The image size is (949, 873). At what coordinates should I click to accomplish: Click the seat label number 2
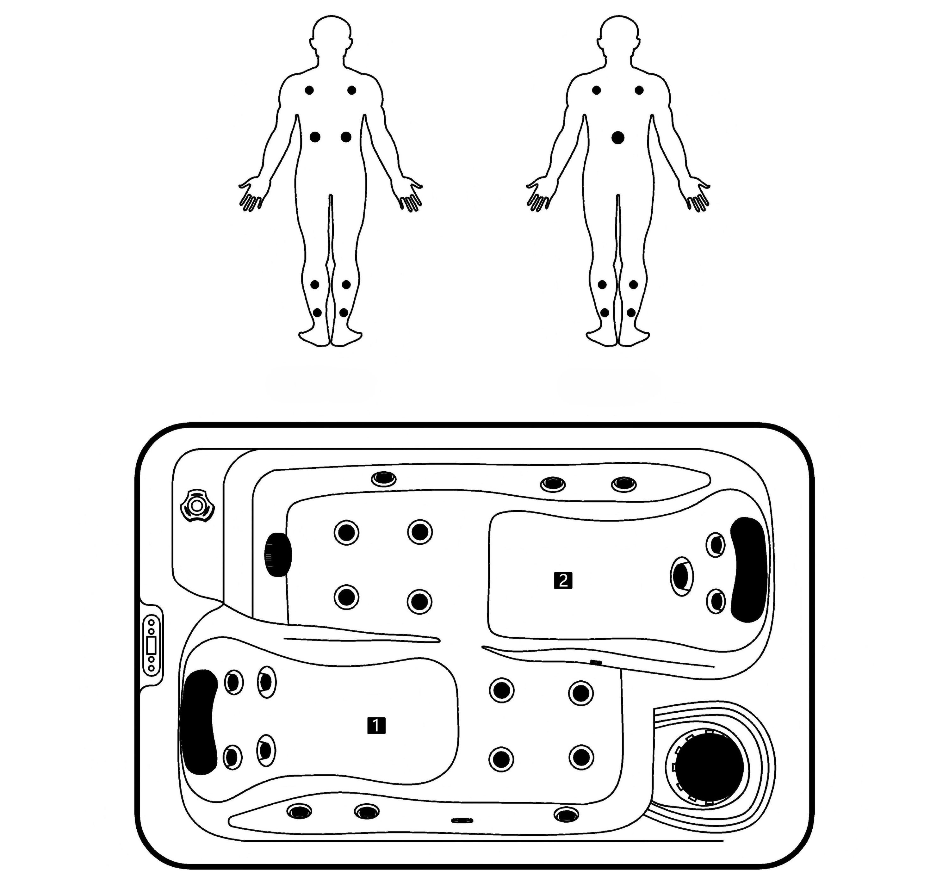pos(563,580)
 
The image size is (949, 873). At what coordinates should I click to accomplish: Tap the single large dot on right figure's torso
pos(618,138)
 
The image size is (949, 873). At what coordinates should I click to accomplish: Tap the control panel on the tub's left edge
pos(152,645)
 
